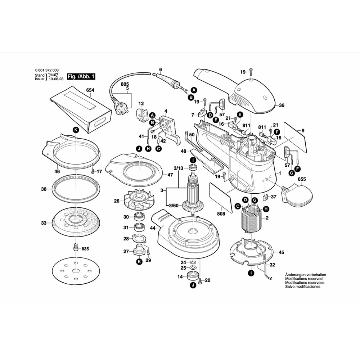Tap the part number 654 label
(90, 90)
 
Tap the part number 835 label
(85, 249)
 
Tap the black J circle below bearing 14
(192, 285)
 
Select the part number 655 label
(302, 179)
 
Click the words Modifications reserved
(304, 279)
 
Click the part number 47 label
(170, 175)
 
